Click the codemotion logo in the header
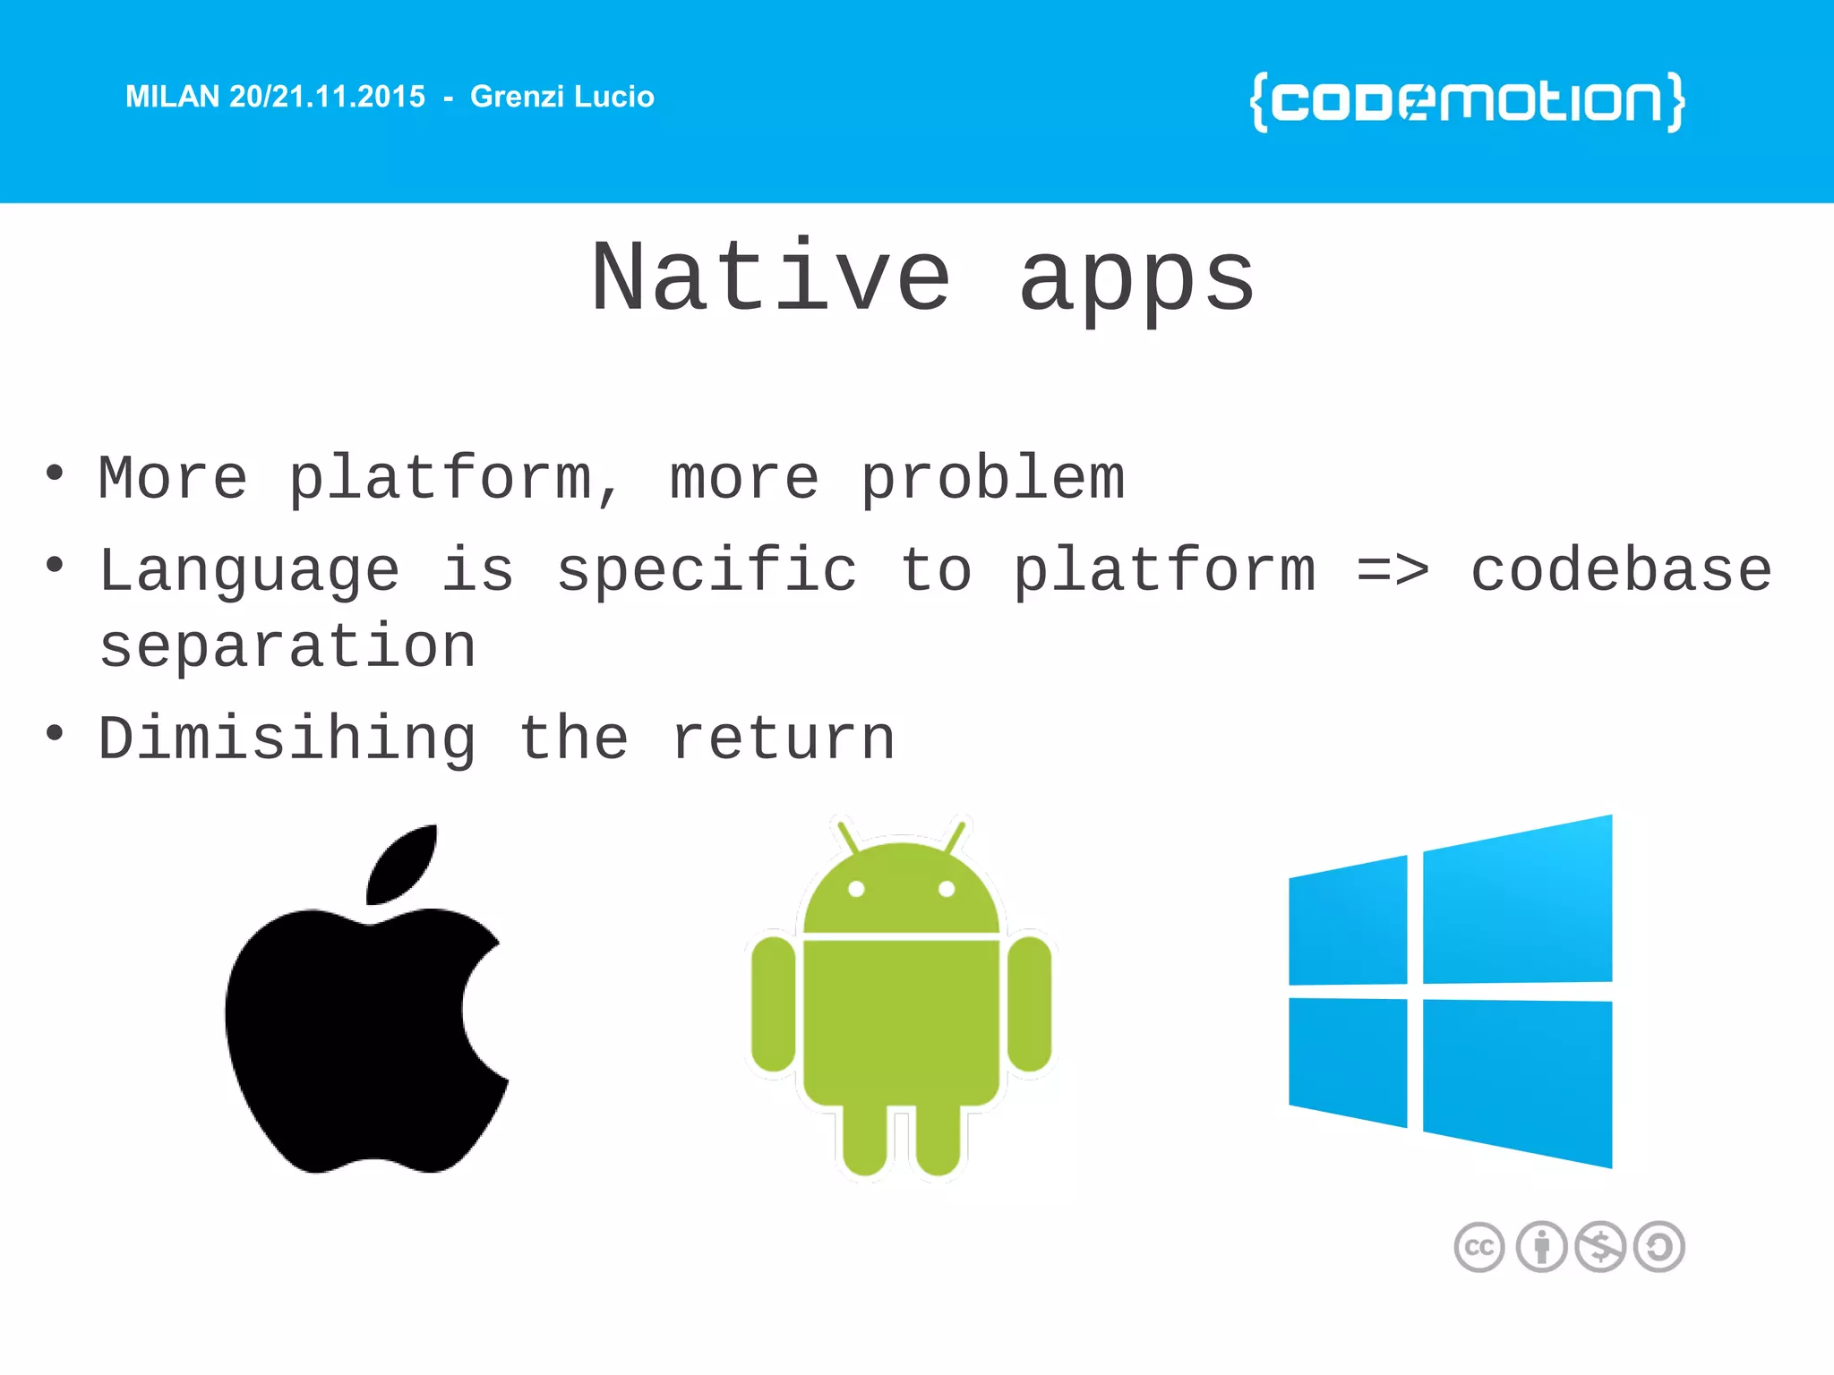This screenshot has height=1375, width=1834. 1467,102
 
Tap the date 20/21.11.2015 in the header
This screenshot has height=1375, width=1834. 327,97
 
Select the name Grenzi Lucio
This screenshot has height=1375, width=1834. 561,97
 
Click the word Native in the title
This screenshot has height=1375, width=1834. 771,279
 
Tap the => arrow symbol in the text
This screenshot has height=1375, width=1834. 1393,571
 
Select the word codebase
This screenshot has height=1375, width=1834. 1621,571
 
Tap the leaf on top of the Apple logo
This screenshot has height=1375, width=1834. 403,863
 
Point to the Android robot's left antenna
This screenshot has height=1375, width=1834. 846,836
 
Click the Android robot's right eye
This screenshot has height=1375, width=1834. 947,889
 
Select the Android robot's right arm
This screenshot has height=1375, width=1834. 1029,1003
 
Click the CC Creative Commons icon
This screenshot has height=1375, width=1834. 1478,1247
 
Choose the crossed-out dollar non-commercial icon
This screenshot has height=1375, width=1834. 1600,1247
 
